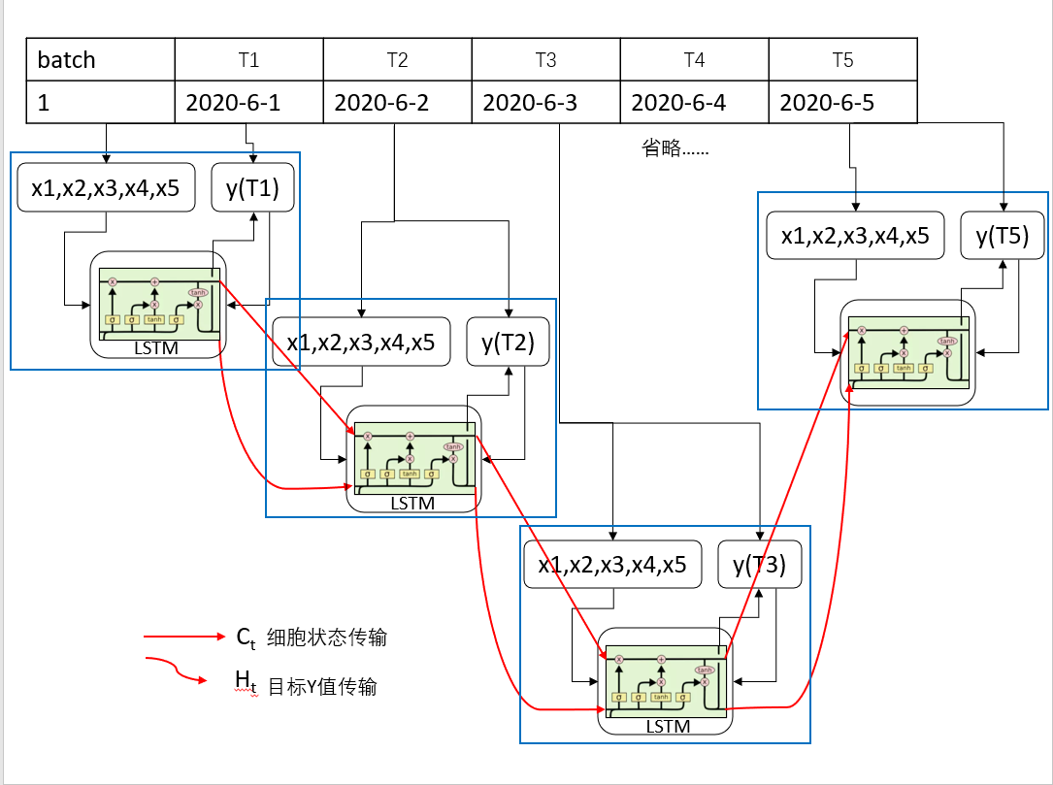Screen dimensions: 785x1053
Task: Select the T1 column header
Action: tap(248, 60)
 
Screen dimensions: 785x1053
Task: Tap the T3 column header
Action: tap(545, 60)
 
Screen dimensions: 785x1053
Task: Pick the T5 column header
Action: tap(842, 60)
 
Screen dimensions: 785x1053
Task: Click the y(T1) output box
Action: tap(252, 188)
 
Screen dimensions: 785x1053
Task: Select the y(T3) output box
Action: tap(760, 564)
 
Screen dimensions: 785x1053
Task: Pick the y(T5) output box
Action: tap(1004, 236)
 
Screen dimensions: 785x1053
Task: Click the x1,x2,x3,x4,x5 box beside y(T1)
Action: tap(106, 188)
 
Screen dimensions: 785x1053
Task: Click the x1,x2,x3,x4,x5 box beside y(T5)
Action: tap(855, 236)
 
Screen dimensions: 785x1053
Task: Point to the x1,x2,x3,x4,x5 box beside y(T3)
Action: tap(612, 564)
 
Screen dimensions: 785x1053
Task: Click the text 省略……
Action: tap(675, 148)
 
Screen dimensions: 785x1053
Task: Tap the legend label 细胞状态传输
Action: tap(326, 638)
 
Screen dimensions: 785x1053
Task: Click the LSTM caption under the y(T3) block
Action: tap(668, 726)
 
